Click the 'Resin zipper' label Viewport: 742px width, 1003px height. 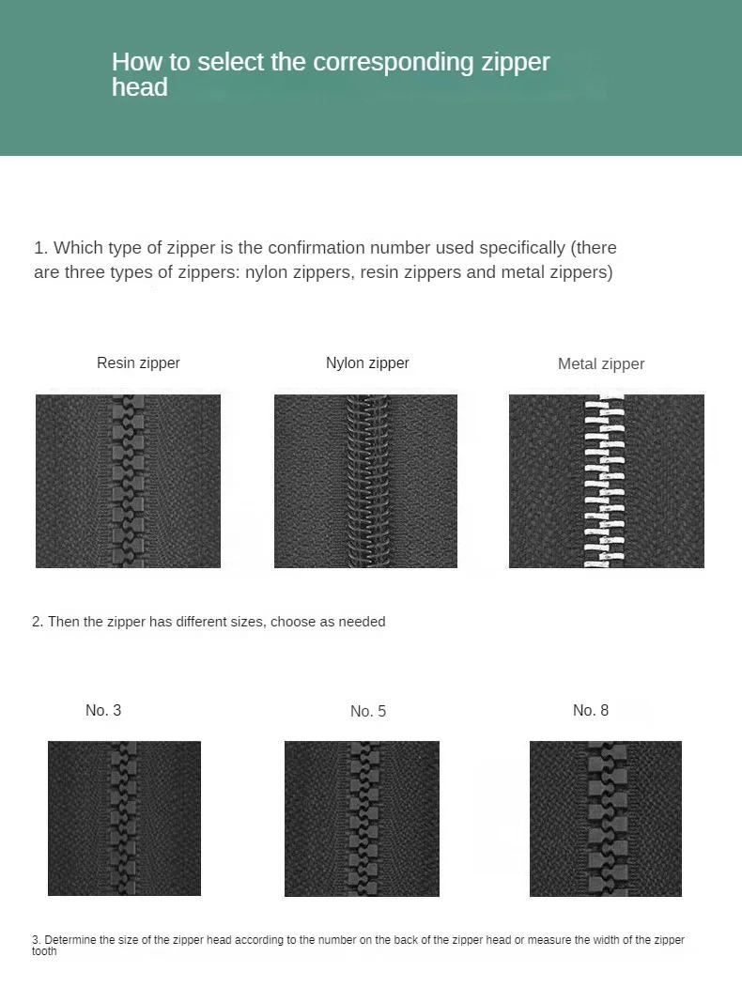point(138,363)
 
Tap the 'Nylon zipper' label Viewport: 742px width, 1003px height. point(367,363)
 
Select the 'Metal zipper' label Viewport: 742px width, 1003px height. point(601,363)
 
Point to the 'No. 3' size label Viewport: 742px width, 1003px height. point(103,710)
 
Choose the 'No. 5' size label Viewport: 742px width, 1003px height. point(368,711)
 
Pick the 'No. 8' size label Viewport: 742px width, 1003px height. point(591,710)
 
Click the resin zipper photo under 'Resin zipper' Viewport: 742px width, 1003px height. point(128,481)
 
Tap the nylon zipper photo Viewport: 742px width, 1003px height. point(365,481)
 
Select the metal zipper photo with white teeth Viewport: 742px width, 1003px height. point(606,481)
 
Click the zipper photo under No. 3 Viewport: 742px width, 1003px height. point(124,818)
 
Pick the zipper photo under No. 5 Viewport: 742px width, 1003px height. point(362,818)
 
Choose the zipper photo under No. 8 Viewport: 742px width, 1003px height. point(606,818)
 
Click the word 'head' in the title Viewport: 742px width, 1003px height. point(139,87)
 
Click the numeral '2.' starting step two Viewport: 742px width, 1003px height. point(38,622)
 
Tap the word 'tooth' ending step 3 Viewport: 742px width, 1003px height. point(44,951)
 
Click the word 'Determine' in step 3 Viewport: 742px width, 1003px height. point(70,940)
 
